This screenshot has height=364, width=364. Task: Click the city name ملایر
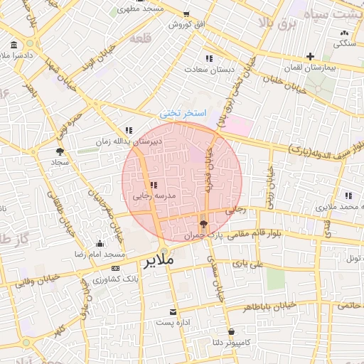[159, 261]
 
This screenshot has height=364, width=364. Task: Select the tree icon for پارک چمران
[204, 225]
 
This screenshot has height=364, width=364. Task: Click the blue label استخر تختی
[182, 113]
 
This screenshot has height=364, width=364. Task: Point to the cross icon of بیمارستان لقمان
[310, 57]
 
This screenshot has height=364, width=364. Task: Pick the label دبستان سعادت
[205, 70]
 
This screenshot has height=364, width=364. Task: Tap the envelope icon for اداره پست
[173, 312]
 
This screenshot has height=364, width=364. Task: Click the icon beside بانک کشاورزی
[95, 287]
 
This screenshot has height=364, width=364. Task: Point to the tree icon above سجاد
[60, 151]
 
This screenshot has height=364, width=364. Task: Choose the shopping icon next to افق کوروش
[186, 14]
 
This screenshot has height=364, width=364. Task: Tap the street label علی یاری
[252, 264]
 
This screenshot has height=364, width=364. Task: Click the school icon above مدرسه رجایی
[154, 184]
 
